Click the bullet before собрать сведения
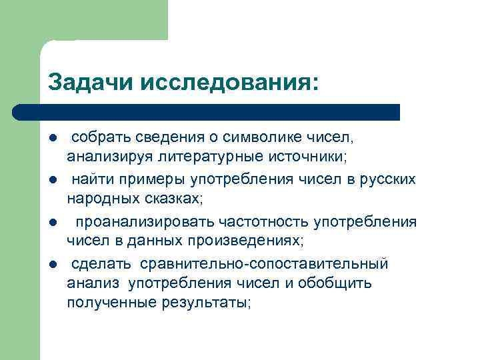click(x=53, y=138)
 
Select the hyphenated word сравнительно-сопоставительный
click(x=263, y=264)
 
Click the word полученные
click(x=111, y=302)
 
